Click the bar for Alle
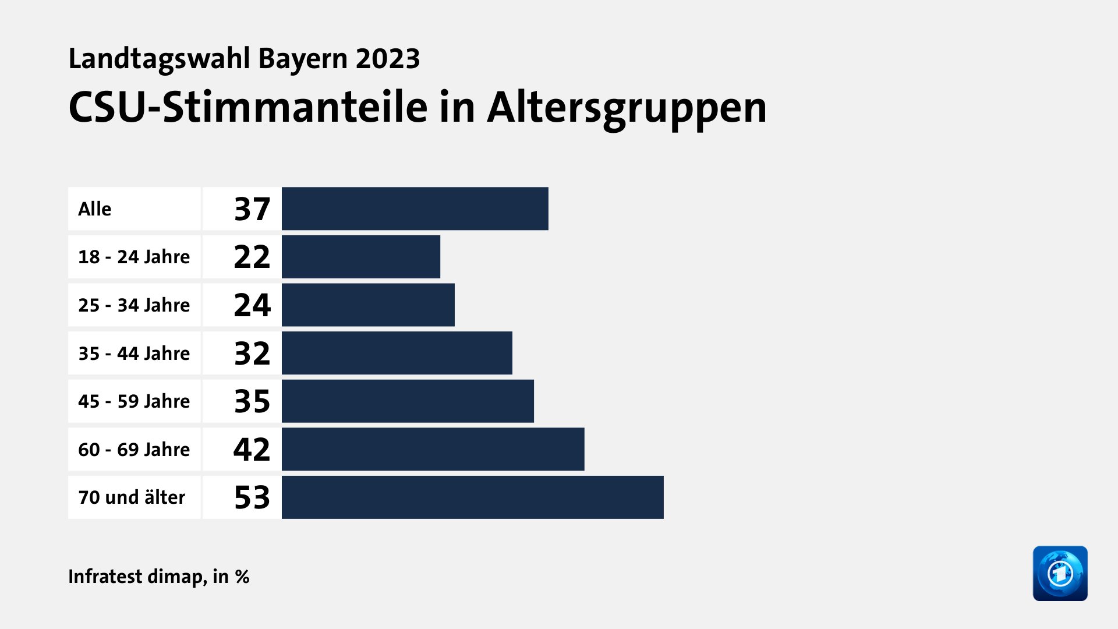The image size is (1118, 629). pos(415,209)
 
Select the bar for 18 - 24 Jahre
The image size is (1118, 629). pos(361,257)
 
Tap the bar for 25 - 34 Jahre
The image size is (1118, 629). pos(368,305)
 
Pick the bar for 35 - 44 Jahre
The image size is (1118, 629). pos(397,353)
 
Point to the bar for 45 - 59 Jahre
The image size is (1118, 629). pos(408,401)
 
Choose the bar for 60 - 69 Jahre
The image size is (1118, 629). pos(433,449)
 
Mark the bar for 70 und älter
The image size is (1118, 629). pos(472,497)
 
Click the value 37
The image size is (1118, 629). pos(252,209)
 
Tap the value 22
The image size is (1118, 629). pos(252,257)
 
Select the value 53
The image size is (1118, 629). pos(252,497)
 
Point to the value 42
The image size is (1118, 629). pos(252,449)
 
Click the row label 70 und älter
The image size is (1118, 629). pos(132,497)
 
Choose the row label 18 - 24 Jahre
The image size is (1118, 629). pos(134,257)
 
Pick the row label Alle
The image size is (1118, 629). pos(94,209)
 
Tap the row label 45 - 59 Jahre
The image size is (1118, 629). pos(134,401)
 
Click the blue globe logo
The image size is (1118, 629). pos(1060,573)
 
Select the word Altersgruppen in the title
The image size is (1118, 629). pos(627,108)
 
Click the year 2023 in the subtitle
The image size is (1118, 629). pos(388,59)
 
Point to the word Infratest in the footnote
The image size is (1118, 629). pos(105,577)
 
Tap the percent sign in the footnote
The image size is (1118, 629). pos(242,577)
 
